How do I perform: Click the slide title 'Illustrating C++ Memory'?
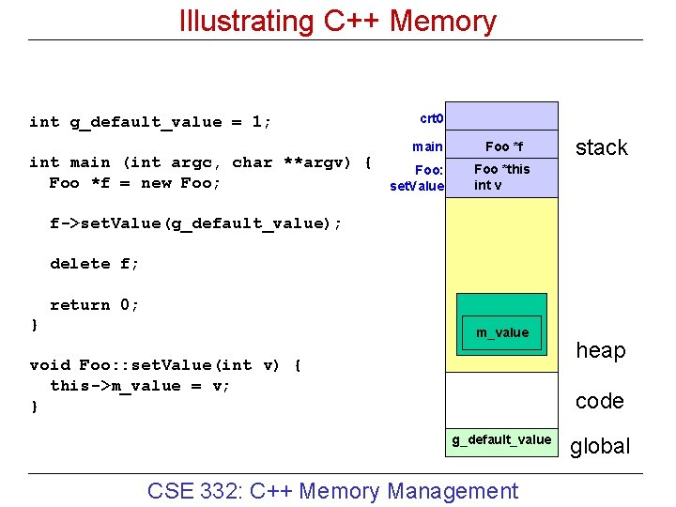337,21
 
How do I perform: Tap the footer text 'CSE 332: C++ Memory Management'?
332,490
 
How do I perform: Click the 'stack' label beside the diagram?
601,147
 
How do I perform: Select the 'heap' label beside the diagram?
600,350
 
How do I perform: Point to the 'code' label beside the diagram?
599,401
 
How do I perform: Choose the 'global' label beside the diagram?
600,446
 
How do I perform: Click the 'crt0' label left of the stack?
432,119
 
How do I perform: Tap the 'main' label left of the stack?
428,146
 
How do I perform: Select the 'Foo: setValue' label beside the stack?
417,177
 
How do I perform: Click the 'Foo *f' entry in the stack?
503,146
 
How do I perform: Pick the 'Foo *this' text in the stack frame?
501,169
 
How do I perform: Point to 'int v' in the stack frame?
487,185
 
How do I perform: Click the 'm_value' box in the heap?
501,332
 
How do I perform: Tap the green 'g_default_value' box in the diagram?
501,439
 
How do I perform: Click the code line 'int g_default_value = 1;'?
150,122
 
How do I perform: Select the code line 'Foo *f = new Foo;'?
135,183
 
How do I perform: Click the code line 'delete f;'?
94,264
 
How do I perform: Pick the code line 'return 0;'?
93,305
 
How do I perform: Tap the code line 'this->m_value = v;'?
140,386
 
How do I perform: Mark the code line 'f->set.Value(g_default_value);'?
195,223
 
